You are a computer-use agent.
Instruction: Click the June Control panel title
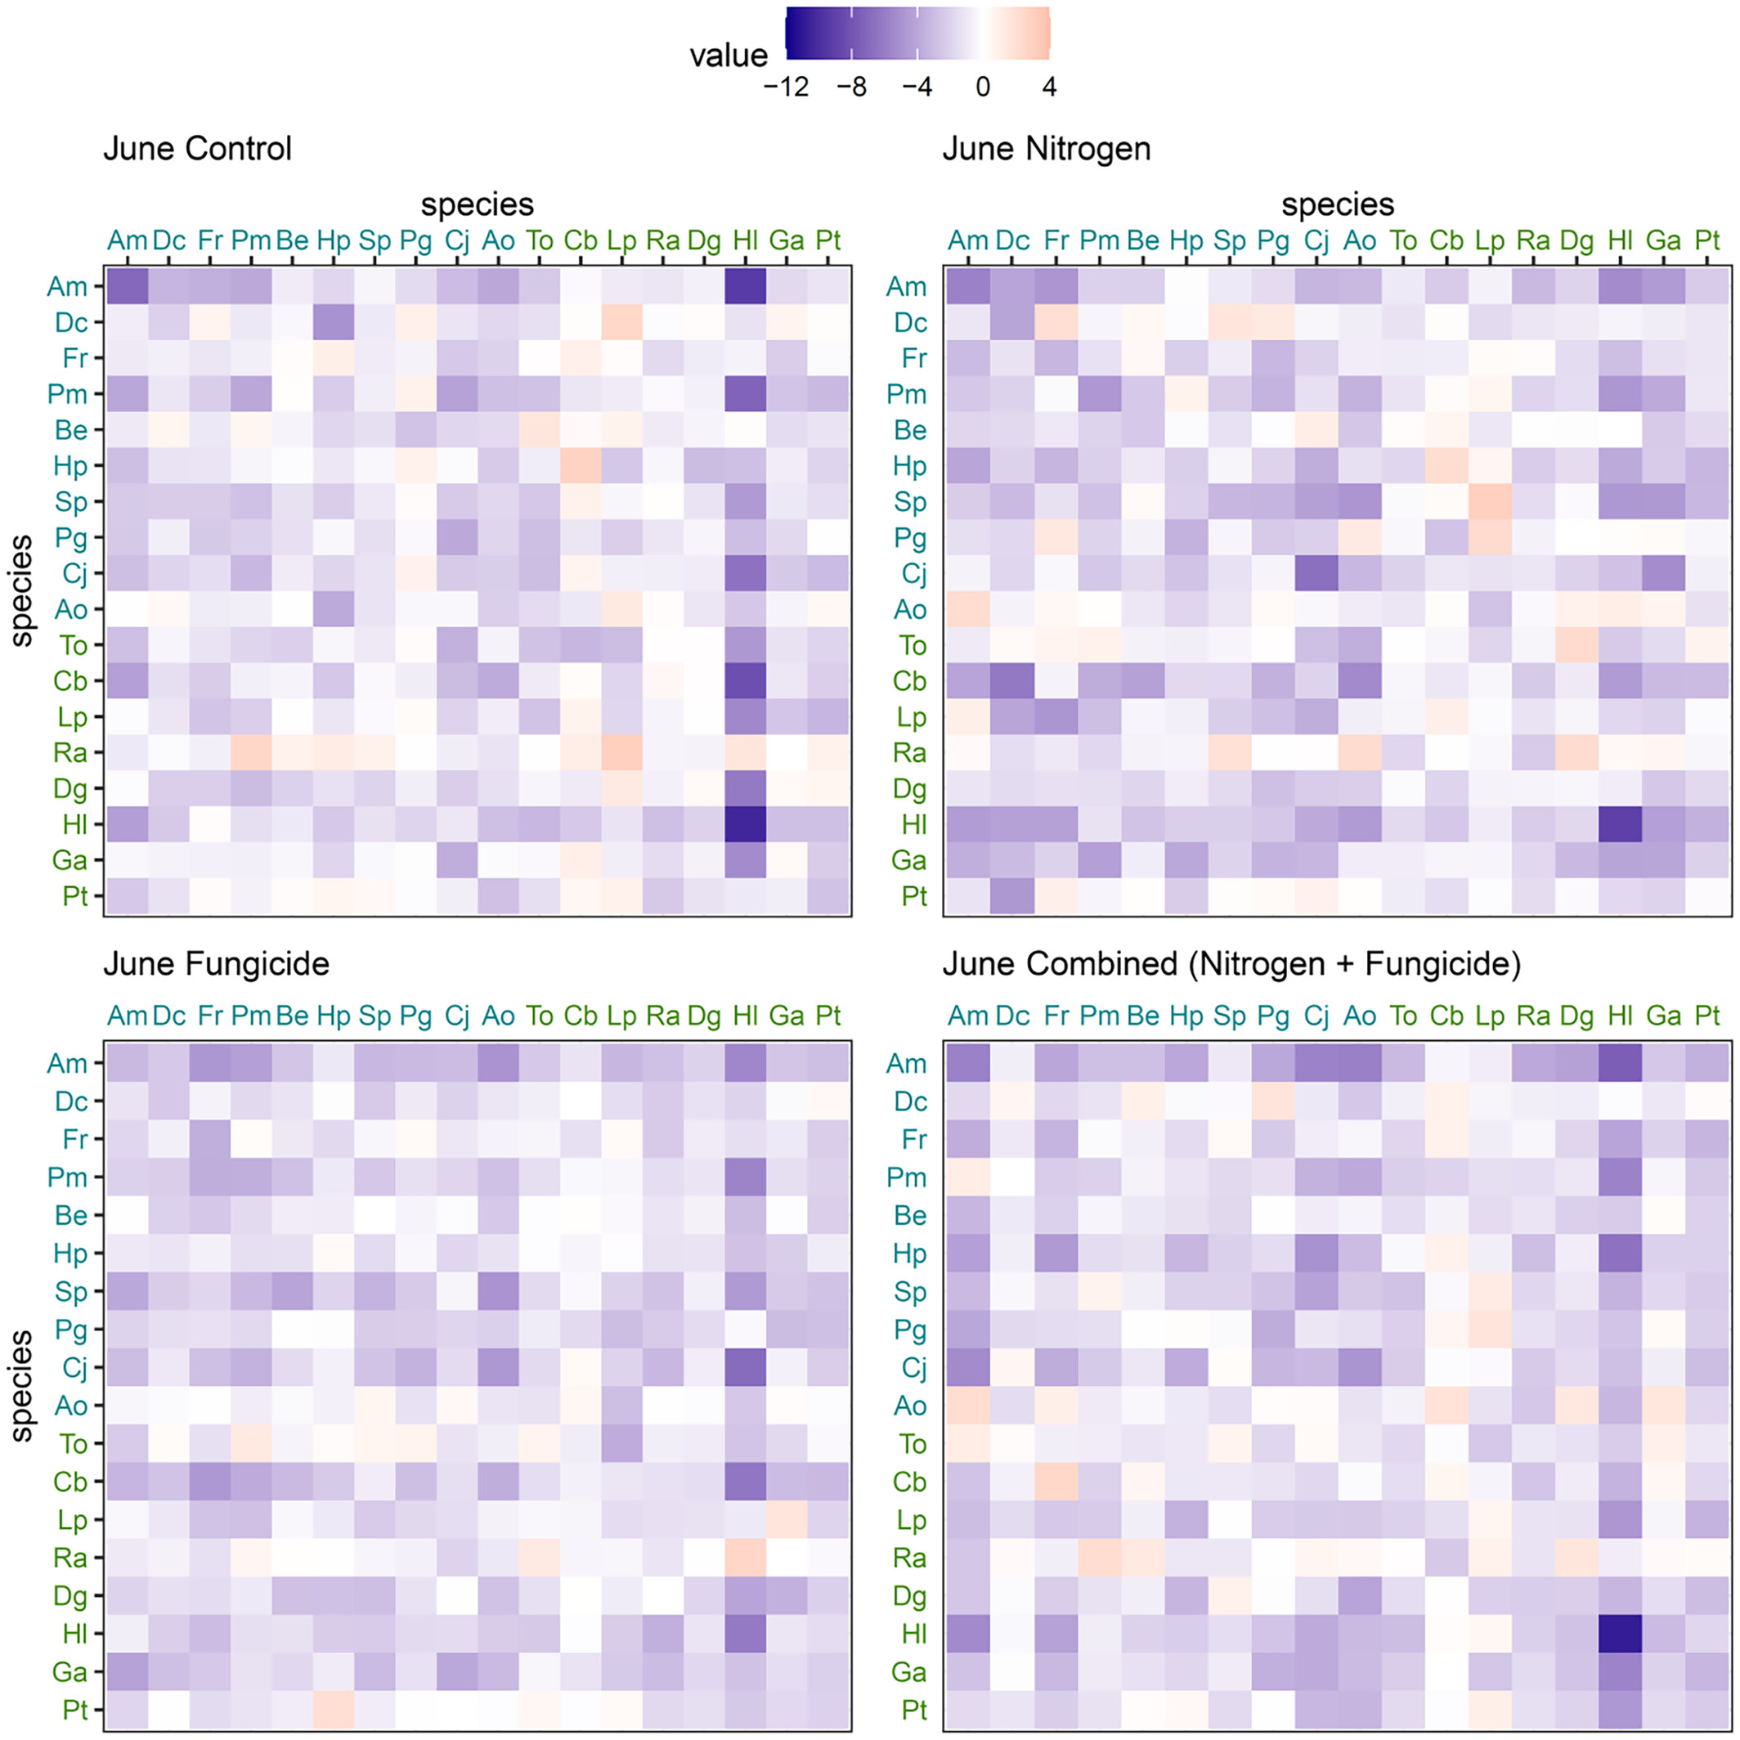197,149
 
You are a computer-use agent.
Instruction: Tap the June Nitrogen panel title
1047,149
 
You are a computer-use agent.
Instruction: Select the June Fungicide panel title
216,964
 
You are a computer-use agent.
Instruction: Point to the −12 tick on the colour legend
787,87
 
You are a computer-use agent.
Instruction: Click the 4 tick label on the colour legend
1048,87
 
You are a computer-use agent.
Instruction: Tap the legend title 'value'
729,56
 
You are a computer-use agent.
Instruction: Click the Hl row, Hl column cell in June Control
746,824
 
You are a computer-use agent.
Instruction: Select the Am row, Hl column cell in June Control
746,286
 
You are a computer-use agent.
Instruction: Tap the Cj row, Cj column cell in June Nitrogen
1316,574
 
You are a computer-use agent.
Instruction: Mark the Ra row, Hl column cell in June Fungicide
746,1557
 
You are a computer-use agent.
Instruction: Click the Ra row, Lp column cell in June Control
621,753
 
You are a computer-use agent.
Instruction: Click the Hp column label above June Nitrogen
1186,240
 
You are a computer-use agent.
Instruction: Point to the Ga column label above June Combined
1663,1016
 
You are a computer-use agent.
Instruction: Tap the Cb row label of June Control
70,681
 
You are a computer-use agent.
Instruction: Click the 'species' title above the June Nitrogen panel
1338,204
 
